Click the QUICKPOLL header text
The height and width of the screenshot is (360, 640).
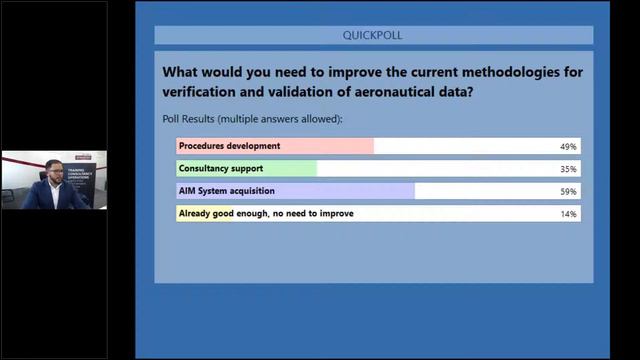[x=373, y=35]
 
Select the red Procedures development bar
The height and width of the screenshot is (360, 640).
[x=275, y=146]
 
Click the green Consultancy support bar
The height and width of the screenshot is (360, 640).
[x=247, y=168]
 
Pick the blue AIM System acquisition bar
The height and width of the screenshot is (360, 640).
[x=295, y=190]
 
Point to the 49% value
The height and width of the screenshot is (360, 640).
[x=568, y=146]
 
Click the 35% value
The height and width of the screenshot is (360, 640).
[x=568, y=169]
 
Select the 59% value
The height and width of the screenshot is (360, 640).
[x=568, y=191]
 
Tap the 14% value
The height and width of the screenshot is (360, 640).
[x=568, y=214]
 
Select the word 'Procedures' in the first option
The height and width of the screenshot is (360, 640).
[x=204, y=146]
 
